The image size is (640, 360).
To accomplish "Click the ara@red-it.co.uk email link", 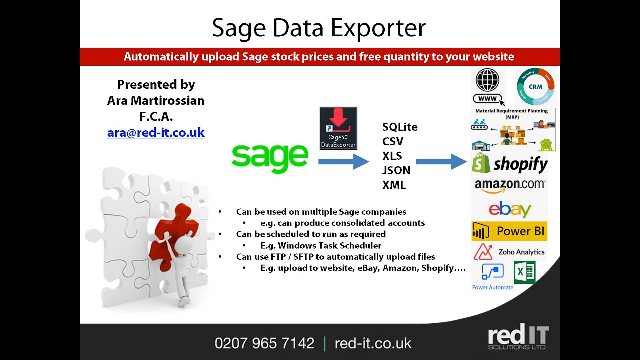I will [156, 133].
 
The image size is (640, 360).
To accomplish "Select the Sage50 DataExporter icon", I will [338, 128].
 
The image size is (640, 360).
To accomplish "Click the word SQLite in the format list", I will [400, 127].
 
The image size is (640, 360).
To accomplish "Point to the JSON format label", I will [396, 170].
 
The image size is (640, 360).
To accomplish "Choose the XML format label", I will [394, 185].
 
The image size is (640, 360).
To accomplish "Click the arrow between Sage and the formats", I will [343, 161].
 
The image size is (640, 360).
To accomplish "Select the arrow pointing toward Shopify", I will [441, 161].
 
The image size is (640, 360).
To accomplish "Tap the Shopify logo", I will [510, 164].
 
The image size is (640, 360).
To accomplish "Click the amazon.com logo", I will [510, 185].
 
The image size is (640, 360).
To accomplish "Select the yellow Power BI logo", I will [509, 231].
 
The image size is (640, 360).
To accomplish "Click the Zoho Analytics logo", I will [509, 252].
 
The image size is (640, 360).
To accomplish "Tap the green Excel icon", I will [525, 272].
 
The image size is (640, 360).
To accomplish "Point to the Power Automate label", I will [493, 287].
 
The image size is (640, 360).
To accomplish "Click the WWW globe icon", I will [487, 85].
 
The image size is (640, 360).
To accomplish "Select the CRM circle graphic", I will [536, 86].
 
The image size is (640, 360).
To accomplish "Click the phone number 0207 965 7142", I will [264, 343].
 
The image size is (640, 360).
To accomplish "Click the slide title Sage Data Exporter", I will [319, 28].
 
